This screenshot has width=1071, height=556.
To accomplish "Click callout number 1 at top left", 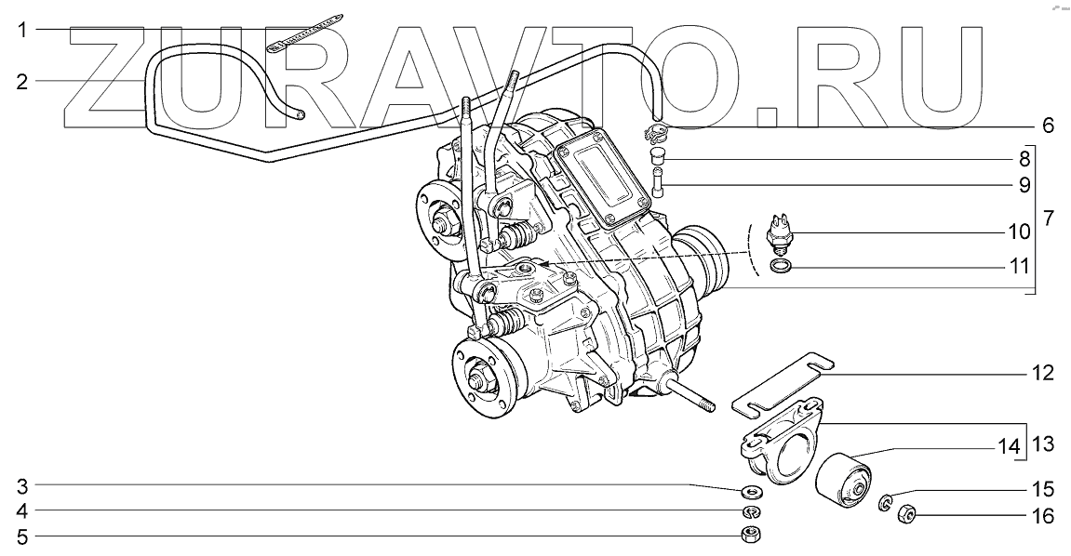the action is (x=22, y=30).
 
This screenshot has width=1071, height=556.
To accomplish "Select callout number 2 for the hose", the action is (x=22, y=82).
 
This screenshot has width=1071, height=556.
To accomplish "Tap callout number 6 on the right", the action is (x=1048, y=126).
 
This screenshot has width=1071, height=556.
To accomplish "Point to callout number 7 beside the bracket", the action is (x=1049, y=218).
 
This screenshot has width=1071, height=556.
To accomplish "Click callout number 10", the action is (x=1018, y=232).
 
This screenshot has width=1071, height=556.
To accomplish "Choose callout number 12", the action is (x=1044, y=374).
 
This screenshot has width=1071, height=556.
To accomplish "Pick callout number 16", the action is (x=1044, y=516).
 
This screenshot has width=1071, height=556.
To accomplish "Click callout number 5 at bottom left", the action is (x=22, y=537).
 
